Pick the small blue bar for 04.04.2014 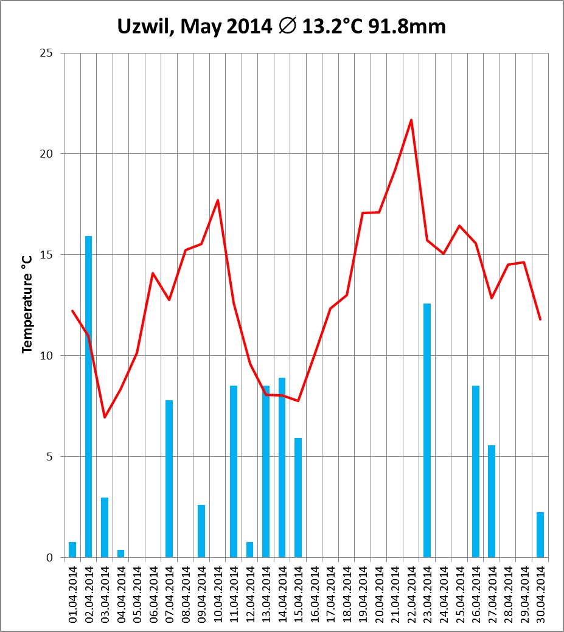point(120,554)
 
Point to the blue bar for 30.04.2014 point(540,535)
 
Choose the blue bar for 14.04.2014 point(282,467)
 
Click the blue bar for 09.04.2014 point(201,531)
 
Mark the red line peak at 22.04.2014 point(411,120)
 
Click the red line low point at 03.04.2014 point(105,417)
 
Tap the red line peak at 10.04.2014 point(217,200)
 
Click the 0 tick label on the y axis point(50,558)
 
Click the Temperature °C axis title point(27,305)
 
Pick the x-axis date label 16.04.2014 point(315,594)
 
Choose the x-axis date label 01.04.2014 point(73,594)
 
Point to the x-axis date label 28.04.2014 point(508,594)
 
